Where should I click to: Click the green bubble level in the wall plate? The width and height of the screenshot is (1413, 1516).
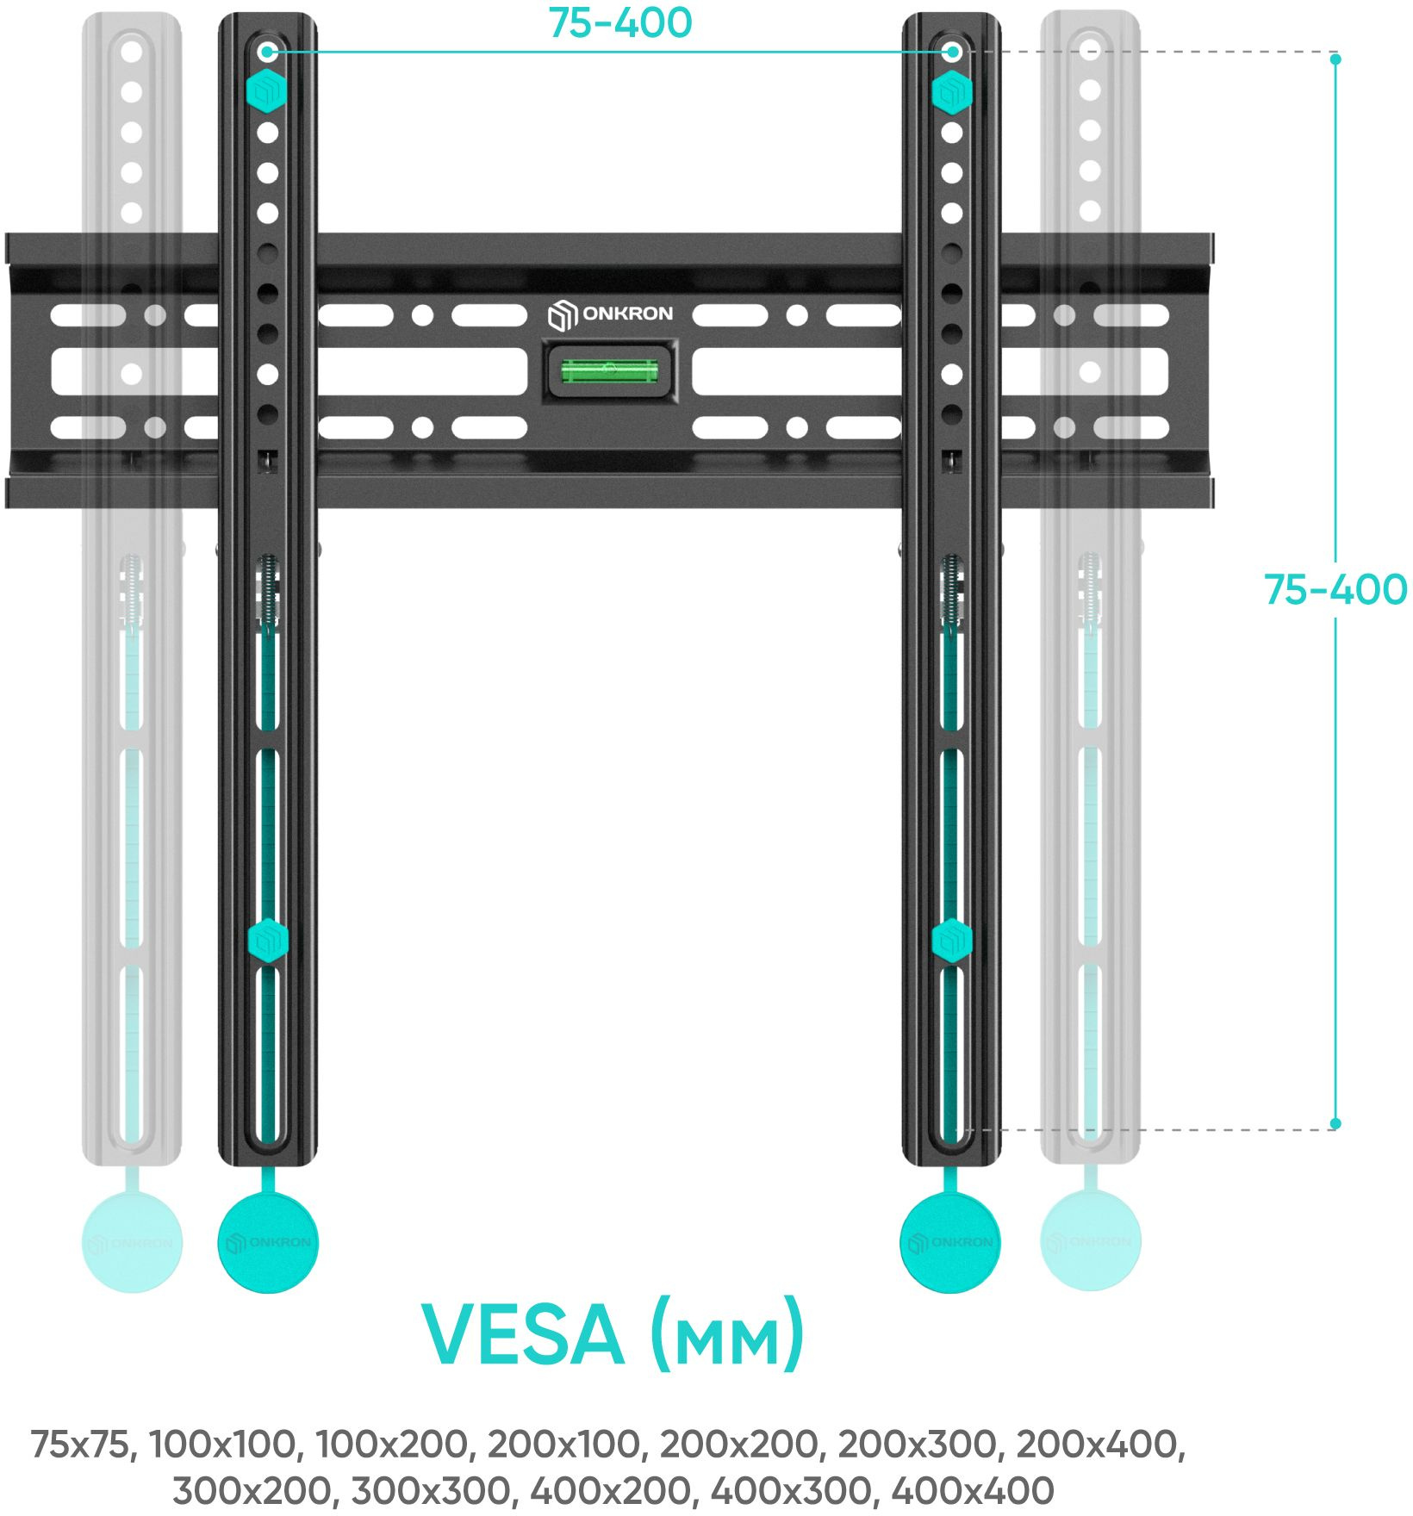610,371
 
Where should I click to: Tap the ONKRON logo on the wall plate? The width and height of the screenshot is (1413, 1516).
610,314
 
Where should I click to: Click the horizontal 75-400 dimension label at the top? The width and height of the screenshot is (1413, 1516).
619,23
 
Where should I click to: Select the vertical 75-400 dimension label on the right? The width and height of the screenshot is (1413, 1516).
1335,590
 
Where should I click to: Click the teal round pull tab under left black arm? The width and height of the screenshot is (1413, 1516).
268,1241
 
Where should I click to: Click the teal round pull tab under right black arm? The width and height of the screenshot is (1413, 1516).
950,1241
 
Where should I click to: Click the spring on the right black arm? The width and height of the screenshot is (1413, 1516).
951,590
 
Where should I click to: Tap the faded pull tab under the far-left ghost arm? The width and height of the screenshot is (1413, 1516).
132,1241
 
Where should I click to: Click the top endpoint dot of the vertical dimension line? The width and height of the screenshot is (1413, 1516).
1335,59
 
